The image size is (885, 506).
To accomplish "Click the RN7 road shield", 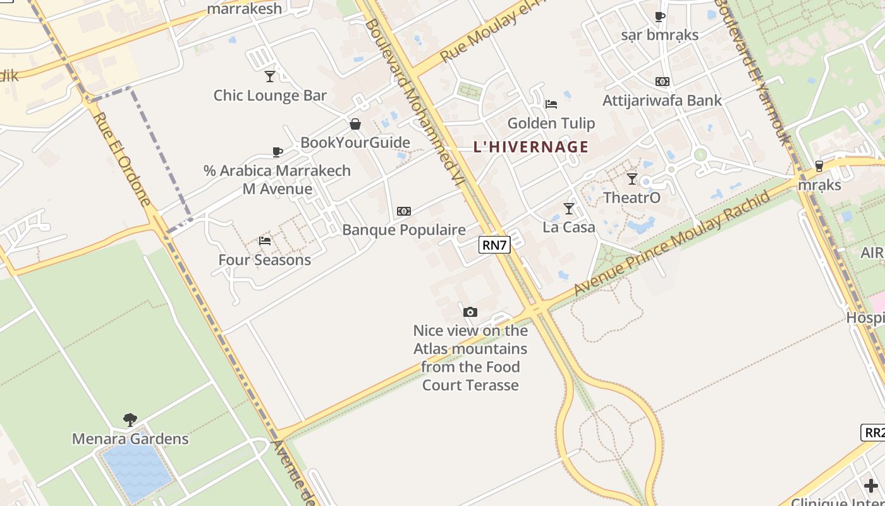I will [494, 245].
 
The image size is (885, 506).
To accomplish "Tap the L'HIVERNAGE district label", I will [531, 147].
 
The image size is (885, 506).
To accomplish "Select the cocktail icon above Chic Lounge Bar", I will [270, 77].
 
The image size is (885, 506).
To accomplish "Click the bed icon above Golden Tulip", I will [551, 104].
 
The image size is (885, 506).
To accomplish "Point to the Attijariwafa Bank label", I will [662, 101].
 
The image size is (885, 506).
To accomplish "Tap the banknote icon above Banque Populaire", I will [404, 211].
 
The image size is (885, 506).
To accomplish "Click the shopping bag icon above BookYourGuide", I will [355, 124].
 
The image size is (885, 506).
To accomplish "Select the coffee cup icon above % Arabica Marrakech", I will [277, 152].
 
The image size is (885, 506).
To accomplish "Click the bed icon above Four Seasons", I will [265, 241].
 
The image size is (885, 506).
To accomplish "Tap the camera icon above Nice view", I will [470, 312].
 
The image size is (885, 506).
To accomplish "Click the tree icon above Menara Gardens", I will [130, 419].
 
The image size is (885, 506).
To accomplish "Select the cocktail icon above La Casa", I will [569, 208].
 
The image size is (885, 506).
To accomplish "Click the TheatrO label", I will [632, 198].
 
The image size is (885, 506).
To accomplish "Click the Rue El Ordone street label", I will [121, 159].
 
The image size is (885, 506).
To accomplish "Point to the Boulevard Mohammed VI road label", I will [414, 101].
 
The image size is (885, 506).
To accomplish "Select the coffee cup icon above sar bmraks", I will [660, 16].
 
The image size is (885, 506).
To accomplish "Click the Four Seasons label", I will [265, 260].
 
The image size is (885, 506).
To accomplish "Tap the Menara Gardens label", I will [130, 439].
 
